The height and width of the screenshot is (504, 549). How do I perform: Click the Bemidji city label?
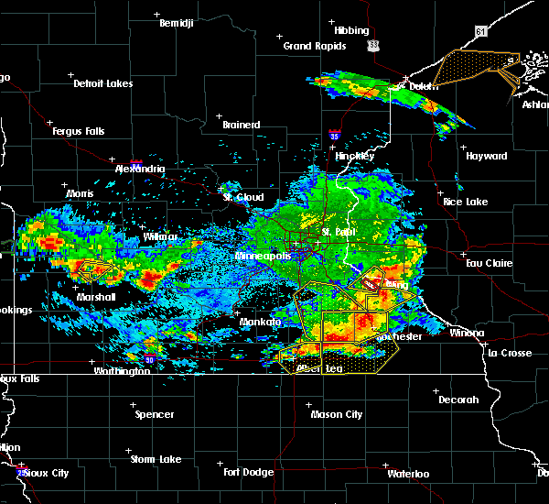(x=178, y=22)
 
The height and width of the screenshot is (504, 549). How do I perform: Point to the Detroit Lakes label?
(x=103, y=83)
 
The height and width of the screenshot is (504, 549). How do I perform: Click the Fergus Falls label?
(x=78, y=131)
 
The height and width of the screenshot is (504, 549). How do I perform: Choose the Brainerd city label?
(x=242, y=125)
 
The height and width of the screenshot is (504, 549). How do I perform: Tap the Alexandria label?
(x=140, y=170)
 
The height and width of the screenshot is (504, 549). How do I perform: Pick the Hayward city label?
(x=487, y=156)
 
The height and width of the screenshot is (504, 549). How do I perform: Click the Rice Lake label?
(x=466, y=202)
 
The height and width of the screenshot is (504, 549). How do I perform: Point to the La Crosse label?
(x=509, y=353)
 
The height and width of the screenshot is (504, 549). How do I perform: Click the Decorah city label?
(x=458, y=400)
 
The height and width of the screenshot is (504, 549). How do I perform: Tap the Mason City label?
(x=337, y=414)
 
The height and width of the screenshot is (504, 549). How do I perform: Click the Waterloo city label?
(x=408, y=474)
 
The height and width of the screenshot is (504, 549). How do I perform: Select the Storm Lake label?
(x=156, y=459)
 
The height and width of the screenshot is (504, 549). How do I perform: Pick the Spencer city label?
(x=155, y=414)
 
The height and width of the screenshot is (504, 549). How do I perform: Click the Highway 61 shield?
(x=481, y=57)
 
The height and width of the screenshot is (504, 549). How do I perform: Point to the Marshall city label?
(x=96, y=297)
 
